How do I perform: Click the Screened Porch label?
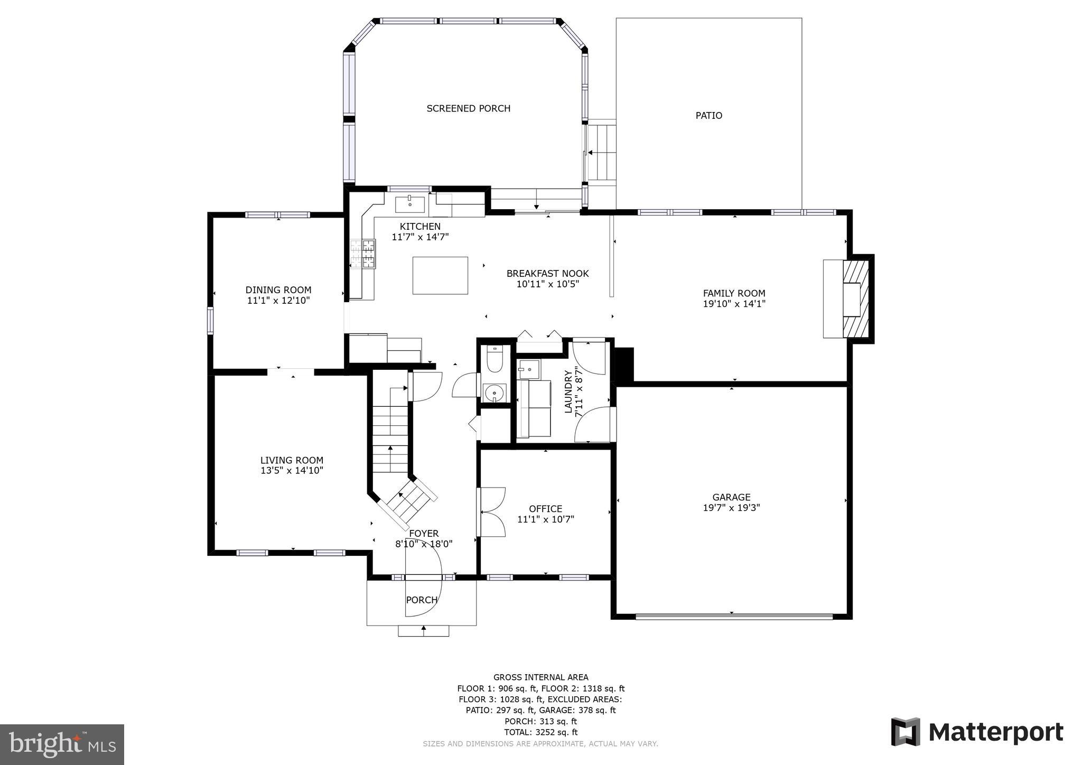468,108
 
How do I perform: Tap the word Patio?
708,115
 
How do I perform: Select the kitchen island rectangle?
440,275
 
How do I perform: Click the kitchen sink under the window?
410,202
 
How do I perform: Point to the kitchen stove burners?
363,254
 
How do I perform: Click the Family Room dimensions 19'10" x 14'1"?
734,304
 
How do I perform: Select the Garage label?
731,497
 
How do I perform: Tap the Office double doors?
491,512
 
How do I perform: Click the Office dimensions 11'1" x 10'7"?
545,519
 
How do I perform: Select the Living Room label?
292,460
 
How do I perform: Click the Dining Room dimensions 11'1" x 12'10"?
278,301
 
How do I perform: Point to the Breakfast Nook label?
547,274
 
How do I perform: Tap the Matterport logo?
977,732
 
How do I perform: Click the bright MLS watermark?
62,744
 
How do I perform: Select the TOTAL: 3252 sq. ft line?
540,732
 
